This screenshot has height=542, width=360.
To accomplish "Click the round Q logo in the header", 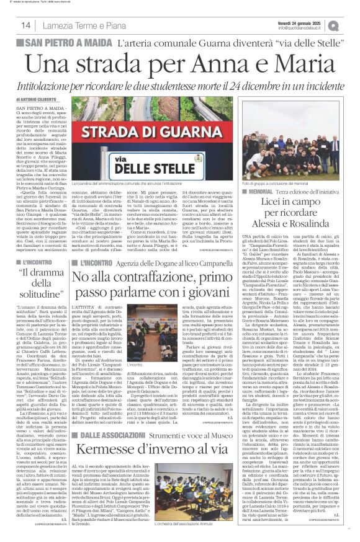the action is point(351,25).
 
